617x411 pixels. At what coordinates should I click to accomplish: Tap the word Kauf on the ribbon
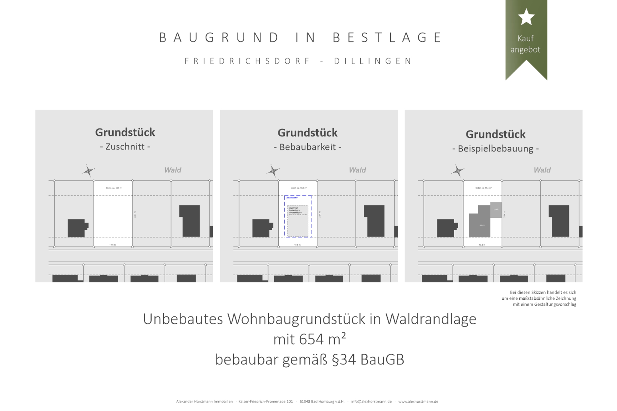[525, 39]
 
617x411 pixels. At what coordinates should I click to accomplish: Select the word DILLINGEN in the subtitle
[373, 61]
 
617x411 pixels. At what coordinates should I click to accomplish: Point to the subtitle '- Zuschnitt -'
[125, 147]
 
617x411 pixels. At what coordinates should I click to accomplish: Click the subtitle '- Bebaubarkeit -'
[308, 147]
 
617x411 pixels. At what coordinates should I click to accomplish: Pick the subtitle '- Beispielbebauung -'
[495, 149]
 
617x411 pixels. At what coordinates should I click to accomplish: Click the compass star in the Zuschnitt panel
[88, 171]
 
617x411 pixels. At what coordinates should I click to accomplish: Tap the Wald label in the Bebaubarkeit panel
[357, 170]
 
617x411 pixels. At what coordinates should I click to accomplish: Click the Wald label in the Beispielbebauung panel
[542, 170]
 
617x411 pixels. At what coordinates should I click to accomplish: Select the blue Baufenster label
[292, 198]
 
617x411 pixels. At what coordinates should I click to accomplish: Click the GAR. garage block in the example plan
[496, 210]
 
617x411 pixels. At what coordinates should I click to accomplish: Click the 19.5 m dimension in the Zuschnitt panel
[112, 245]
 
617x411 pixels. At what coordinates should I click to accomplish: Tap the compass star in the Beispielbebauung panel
[458, 171]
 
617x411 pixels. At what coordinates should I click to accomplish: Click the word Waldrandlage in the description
[431, 319]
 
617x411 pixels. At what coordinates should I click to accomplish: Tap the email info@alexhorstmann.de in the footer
[371, 402]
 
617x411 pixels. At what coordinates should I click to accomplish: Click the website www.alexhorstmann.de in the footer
[418, 402]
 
